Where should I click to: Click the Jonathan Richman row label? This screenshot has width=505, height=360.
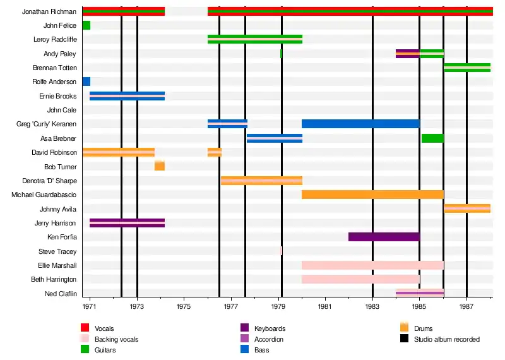49,11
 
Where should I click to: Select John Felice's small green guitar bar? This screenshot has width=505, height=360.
86,25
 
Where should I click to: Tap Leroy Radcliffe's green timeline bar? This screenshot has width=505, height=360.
254,39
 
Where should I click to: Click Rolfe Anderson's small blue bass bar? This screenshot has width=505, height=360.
86,81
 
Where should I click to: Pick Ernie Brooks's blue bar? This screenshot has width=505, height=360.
127,96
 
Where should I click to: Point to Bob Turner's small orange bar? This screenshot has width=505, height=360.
160,166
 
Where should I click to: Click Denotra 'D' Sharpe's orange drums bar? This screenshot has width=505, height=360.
261,181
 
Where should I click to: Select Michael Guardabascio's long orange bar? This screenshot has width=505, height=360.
372,195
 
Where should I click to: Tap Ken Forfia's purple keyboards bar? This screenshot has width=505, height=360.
384,237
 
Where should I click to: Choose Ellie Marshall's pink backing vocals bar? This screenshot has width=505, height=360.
372,265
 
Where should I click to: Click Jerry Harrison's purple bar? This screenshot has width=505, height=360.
127,222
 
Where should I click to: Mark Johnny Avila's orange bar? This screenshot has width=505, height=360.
467,208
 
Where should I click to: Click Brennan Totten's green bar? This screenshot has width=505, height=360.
467,68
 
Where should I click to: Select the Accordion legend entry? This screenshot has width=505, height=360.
268,339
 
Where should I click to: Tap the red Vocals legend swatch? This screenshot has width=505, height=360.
85,328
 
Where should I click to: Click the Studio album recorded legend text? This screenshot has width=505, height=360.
446,339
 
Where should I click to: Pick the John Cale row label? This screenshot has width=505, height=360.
62,110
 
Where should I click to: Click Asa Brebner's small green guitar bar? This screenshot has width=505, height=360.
432,138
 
